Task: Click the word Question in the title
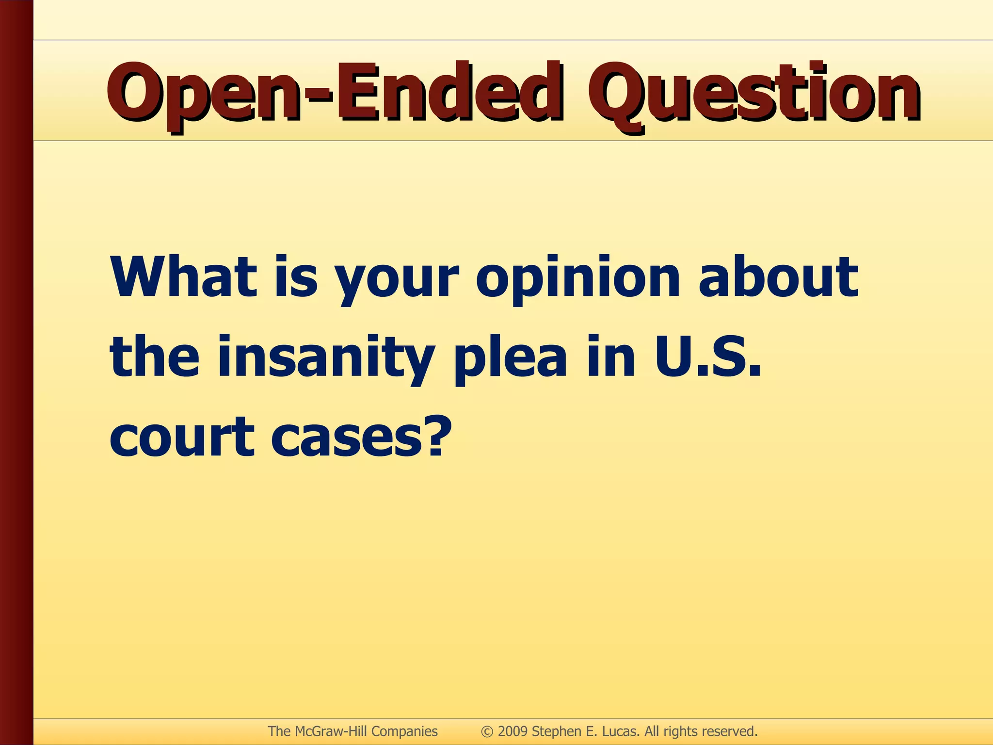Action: point(753,93)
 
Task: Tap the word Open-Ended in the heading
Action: point(335,93)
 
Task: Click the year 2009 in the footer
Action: point(513,731)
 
